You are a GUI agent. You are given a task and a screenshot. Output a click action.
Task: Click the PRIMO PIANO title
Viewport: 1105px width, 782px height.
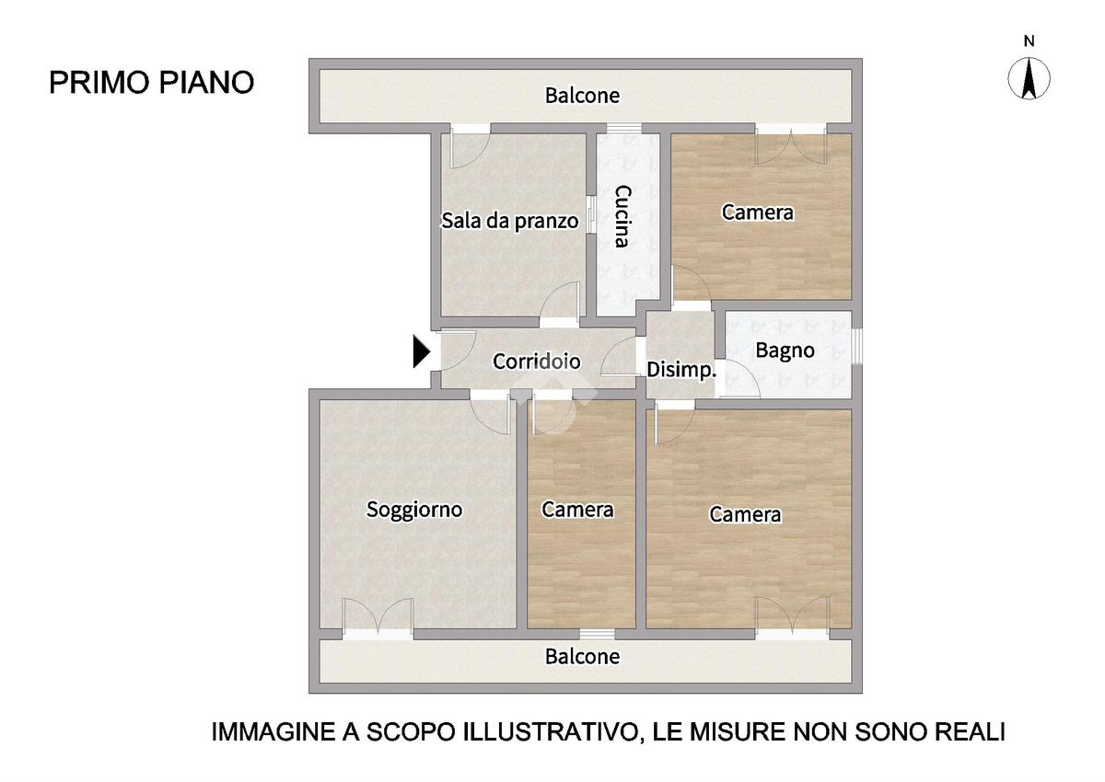(x=151, y=82)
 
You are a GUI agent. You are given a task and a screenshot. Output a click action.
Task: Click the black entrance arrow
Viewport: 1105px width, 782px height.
(x=422, y=351)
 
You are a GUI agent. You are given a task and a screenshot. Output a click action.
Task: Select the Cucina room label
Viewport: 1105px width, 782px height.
(x=622, y=216)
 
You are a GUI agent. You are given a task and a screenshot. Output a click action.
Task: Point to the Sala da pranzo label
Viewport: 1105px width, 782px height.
(x=509, y=221)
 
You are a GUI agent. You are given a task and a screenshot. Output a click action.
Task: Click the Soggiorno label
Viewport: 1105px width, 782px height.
(x=414, y=510)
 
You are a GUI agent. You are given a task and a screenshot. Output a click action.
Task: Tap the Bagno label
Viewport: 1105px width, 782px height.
(x=785, y=351)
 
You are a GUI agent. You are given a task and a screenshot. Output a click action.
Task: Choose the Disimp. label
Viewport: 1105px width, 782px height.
(x=681, y=370)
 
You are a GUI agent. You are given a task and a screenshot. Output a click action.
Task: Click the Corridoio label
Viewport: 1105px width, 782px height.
(x=536, y=362)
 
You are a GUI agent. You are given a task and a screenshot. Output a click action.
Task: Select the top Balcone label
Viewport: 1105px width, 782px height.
(x=582, y=96)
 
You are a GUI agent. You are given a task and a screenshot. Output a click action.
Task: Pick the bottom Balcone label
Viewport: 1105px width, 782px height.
(x=582, y=656)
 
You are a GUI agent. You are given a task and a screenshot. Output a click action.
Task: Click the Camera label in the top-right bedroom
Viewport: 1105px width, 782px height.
(x=758, y=213)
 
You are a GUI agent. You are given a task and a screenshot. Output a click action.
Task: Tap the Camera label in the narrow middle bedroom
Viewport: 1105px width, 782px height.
(x=577, y=510)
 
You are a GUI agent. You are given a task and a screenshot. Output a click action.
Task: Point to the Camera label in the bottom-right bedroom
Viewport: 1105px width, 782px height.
(x=745, y=514)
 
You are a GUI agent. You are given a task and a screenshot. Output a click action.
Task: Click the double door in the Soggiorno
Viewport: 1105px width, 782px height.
(x=378, y=618)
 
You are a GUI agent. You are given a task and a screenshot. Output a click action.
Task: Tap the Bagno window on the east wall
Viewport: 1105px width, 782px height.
(x=857, y=346)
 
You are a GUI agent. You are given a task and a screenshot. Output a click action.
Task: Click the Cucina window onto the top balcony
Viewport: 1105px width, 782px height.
(x=624, y=129)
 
